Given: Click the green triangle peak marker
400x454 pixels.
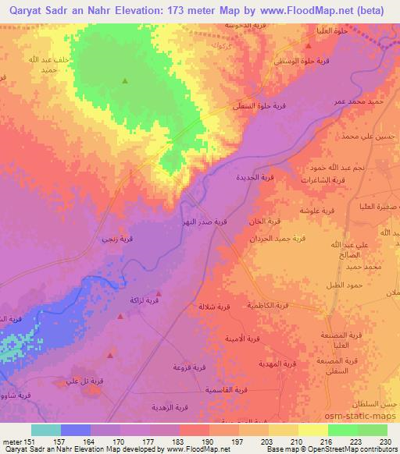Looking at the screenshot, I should point(125,80).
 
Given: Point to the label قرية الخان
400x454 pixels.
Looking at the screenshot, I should point(255,222).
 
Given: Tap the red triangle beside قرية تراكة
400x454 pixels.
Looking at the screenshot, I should point(120,317).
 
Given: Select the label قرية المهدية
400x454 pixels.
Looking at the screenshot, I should point(277,365).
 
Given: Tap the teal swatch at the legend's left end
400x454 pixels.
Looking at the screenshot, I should point(46,430).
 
